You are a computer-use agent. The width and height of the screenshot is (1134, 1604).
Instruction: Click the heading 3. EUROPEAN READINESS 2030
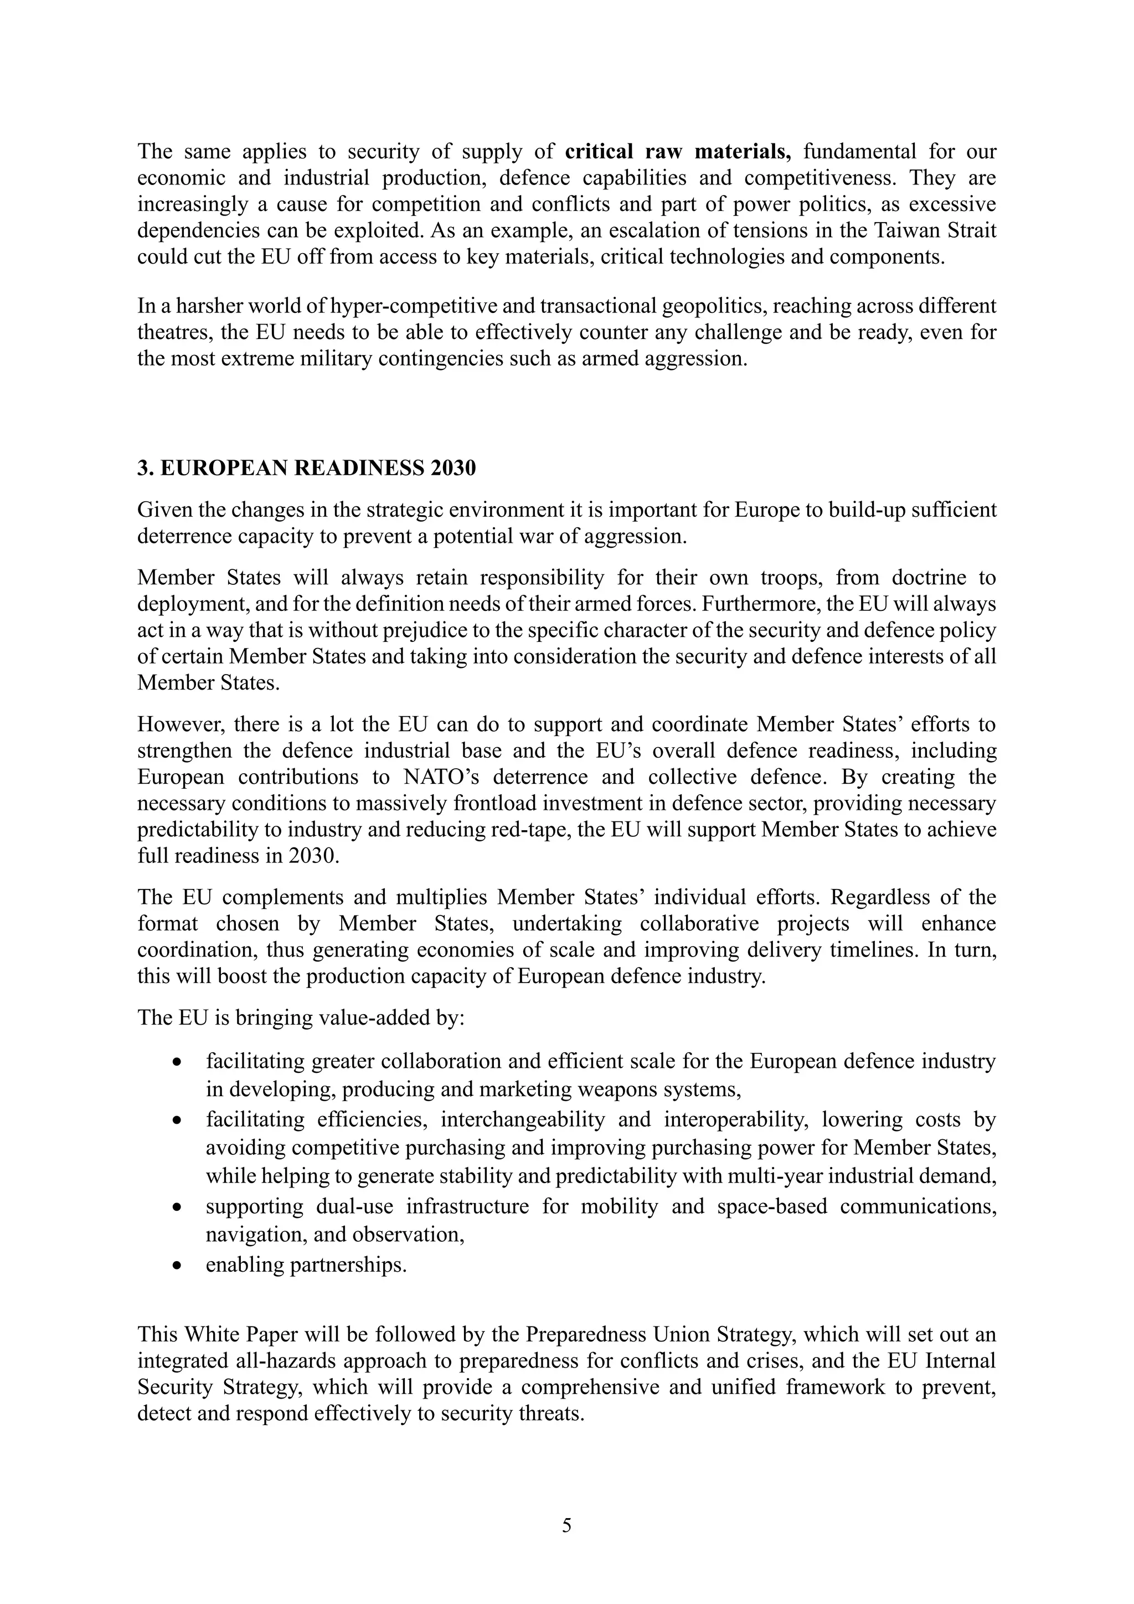click(307, 467)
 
